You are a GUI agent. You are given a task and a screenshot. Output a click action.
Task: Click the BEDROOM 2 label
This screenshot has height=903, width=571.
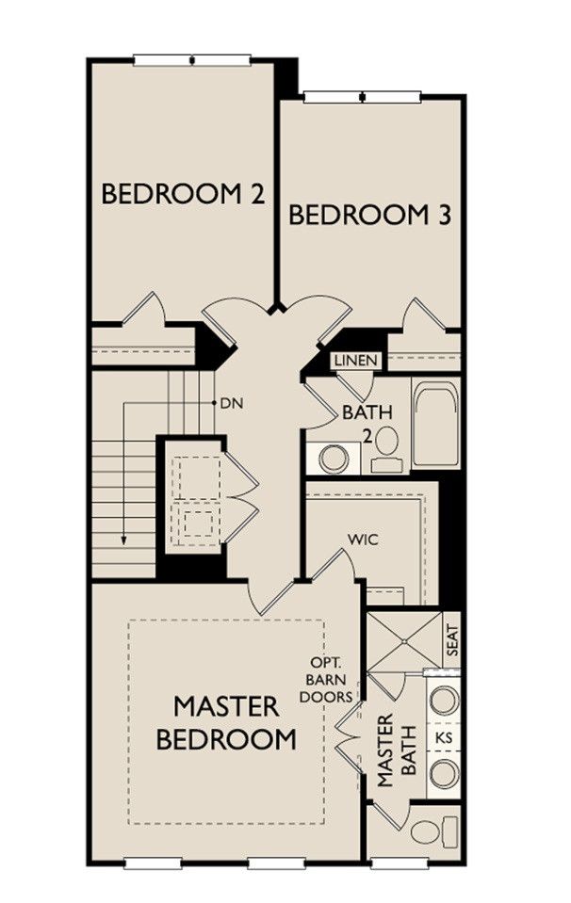[183, 194]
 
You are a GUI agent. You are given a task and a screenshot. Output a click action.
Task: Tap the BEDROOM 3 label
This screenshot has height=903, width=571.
[369, 215]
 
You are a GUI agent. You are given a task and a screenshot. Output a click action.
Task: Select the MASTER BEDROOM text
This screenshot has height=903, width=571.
[226, 722]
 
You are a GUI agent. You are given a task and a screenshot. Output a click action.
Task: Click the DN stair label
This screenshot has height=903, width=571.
[232, 403]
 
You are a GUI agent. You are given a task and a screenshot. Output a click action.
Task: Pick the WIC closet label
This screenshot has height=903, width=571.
[363, 540]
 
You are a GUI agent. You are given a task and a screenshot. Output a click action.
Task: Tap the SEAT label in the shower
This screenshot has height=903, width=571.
[452, 639]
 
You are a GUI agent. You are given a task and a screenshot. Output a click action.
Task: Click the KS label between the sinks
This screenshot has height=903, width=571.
[444, 737]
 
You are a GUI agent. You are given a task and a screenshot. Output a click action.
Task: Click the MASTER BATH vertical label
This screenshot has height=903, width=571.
[397, 750]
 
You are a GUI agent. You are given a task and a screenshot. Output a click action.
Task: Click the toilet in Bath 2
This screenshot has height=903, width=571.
[383, 448]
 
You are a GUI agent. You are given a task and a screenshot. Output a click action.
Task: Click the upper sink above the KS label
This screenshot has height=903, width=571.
[445, 700]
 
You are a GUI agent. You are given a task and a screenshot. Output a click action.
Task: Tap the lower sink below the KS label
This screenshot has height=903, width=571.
[445, 773]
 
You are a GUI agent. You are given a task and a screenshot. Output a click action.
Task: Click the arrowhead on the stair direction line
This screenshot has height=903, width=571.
[123, 540]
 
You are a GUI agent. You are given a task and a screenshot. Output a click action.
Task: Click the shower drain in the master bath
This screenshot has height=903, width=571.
[404, 640]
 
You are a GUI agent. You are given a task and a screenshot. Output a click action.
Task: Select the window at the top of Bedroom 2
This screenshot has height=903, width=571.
[192, 59]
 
